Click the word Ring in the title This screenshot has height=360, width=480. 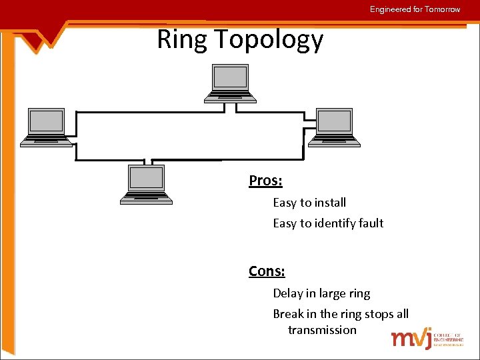[182, 40]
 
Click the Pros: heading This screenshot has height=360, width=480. [265, 181]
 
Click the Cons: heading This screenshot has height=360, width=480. [267, 271]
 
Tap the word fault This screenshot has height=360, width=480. [369, 223]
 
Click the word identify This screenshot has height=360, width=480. [333, 224]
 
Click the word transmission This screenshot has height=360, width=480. [322, 330]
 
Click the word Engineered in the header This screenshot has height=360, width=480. [391, 9]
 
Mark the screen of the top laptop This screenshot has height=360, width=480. [229, 78]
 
